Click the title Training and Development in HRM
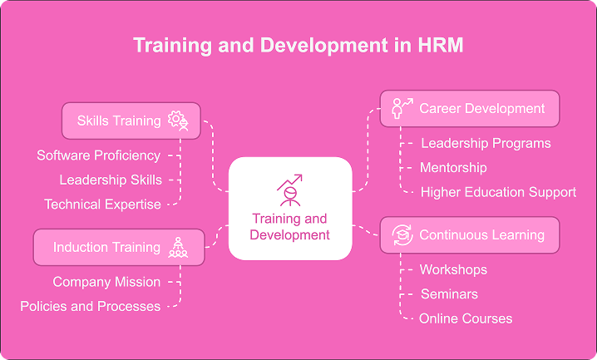click(x=298, y=45)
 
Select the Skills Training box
click(x=131, y=121)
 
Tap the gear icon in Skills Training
click(x=178, y=121)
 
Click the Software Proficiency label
click(x=98, y=155)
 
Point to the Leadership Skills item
click(x=110, y=180)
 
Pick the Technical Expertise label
click(x=102, y=204)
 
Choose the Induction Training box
click(x=118, y=247)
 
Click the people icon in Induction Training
click(x=178, y=247)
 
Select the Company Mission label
click(x=106, y=282)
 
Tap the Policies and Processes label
click(x=90, y=306)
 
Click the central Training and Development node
click(x=290, y=209)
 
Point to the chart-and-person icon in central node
click(x=289, y=189)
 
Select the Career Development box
click(x=469, y=108)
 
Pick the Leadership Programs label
click(x=486, y=143)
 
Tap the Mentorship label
click(x=452, y=167)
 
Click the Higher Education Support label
click(x=497, y=192)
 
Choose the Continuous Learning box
click(x=469, y=234)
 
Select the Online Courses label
click(x=466, y=318)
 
